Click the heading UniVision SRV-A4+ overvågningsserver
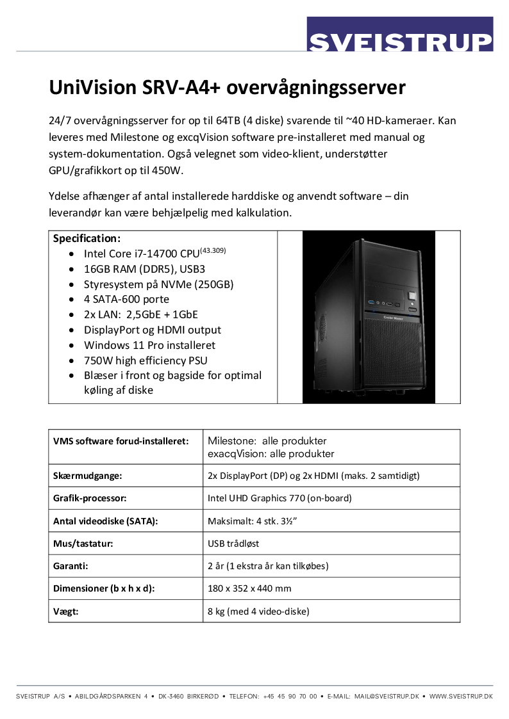[228, 87]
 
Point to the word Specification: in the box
[87, 238]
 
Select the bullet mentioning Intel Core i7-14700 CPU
[154, 253]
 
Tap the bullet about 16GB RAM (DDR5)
[144, 268]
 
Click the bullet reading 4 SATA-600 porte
[126, 299]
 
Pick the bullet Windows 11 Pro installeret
[149, 345]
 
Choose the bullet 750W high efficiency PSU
[146, 360]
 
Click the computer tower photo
[369, 317]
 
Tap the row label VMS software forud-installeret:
[121, 441]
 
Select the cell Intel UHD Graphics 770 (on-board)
[280, 498]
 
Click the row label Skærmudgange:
[87, 476]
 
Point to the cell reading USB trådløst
[233, 544]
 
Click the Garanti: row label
[71, 566]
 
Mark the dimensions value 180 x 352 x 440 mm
[249, 588]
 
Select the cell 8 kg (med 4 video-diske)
[258, 611]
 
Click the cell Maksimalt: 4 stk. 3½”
[252, 521]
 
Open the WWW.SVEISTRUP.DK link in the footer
[461, 696]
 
